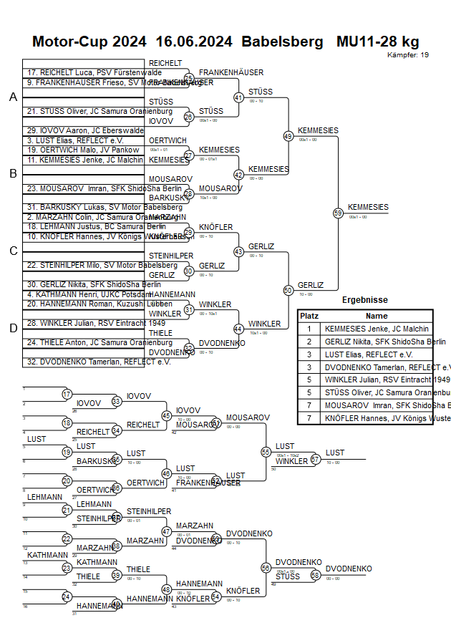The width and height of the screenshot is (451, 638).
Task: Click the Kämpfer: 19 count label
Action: point(408,55)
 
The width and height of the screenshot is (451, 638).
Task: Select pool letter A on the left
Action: point(13,97)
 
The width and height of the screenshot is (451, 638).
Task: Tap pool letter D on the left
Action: point(13,328)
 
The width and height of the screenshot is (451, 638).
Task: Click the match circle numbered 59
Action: point(338,213)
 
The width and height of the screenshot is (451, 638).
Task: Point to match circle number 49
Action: point(288,135)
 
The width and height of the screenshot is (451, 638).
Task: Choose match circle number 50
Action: point(288,290)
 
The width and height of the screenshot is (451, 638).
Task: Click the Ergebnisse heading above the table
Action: point(364,300)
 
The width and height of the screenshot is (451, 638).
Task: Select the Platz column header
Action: point(309,316)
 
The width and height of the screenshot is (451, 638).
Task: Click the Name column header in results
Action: point(377,316)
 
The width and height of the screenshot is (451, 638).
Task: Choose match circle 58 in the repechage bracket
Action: point(315,575)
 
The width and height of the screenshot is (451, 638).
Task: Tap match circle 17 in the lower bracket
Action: point(67,395)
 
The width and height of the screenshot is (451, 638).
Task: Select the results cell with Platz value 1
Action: point(309,329)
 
